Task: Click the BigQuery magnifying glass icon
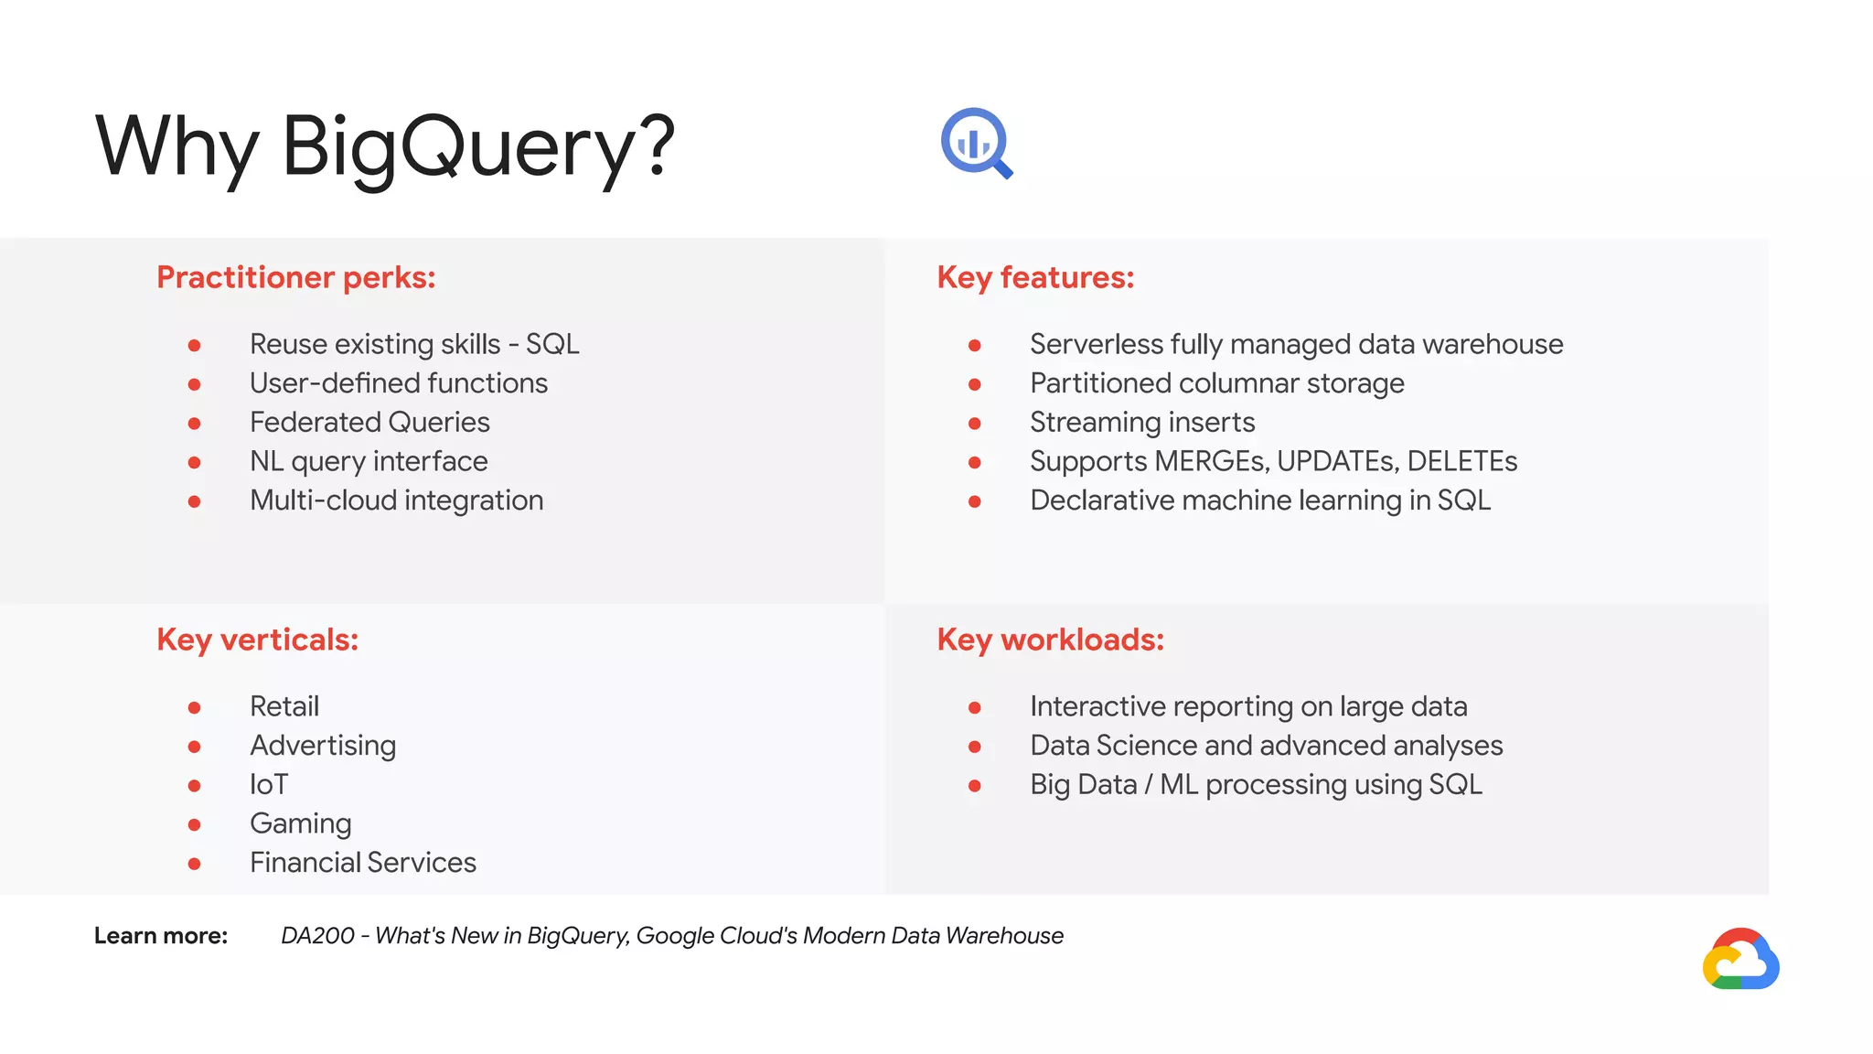pos(976,144)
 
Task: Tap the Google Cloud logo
pos(1740,960)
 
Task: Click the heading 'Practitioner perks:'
pos(295,277)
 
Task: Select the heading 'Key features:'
pos(1035,277)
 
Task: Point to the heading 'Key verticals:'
pos(257,640)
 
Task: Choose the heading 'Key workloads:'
pos(1050,640)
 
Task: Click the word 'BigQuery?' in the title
pos(477,147)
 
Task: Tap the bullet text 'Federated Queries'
pos(369,422)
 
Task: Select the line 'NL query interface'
pos(369,461)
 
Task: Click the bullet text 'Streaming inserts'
pos(1142,422)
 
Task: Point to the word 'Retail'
pos(284,706)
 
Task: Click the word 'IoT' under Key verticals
pos(269,784)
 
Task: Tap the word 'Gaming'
pos(300,823)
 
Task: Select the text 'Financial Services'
pos(363,863)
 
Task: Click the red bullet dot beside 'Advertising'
pos(194,747)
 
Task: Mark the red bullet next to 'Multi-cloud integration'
pos(194,501)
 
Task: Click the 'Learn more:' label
pos(161,936)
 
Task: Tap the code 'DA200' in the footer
pos(317,936)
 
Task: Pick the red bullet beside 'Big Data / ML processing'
pos(975,786)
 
